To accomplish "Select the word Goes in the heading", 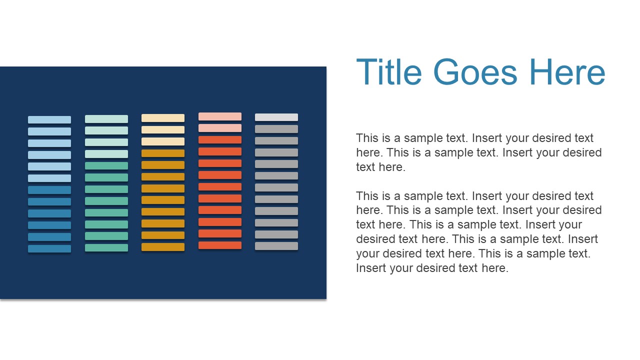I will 475,72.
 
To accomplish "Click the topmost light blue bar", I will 49,120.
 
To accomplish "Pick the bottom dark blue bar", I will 49,248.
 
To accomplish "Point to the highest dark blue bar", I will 49,190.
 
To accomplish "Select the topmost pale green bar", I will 106,119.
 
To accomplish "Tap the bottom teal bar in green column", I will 106,247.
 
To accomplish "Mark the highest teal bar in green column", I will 106,165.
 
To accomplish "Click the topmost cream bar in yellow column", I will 163,118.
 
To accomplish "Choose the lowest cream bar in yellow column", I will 163,141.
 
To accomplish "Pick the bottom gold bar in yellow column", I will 163,247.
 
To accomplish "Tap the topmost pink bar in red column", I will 220,116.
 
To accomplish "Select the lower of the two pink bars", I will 220,128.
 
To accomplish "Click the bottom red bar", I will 220,245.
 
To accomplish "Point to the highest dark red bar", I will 220,140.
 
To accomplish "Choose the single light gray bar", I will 276,117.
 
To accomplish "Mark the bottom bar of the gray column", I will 276,246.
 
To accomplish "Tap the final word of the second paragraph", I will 494,268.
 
